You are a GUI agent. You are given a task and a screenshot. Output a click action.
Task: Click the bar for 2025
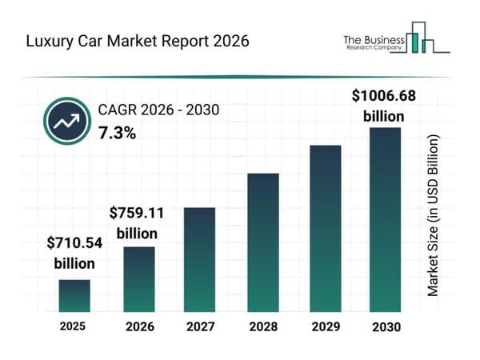click(74, 295)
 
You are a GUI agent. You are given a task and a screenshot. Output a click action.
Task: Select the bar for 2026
click(138, 278)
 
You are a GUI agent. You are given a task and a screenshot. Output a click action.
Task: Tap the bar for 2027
click(200, 259)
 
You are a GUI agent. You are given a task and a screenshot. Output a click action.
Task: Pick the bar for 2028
click(262, 242)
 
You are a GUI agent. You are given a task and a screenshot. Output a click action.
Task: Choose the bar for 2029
click(326, 228)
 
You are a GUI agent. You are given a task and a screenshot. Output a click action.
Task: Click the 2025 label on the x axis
click(74, 326)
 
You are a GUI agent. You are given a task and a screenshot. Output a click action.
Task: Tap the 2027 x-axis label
click(200, 326)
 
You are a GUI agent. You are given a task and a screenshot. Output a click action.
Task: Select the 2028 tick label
click(262, 326)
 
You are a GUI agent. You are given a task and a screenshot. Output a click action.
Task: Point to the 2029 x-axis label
click(326, 326)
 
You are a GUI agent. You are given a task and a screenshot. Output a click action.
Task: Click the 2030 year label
click(385, 326)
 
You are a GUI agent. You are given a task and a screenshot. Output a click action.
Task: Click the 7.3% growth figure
click(117, 133)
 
